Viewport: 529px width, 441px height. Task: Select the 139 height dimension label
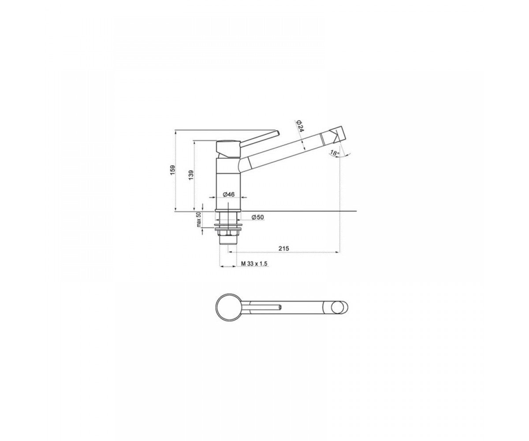tap(191, 175)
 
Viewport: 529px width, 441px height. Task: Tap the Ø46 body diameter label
tap(229, 194)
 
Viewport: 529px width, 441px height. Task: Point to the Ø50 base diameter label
tap(257, 217)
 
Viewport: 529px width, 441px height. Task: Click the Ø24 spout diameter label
tap(300, 125)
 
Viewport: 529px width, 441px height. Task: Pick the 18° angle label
tap(335, 153)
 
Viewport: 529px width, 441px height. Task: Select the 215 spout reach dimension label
tap(284, 248)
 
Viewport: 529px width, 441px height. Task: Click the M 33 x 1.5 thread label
tap(254, 264)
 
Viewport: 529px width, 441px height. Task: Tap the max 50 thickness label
tap(199, 220)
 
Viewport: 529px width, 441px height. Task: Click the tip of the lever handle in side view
tap(278, 133)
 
